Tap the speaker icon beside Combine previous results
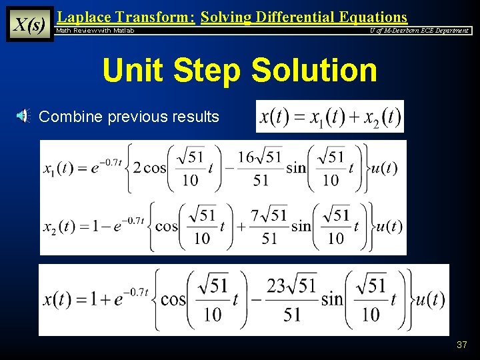pos(23,117)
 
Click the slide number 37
pos(461,345)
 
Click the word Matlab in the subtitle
pos(123,31)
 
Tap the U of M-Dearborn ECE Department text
pos(420,31)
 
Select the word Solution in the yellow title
pos(313,70)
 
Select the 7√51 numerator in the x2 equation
pos(269,216)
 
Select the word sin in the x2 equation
pos(301,226)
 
